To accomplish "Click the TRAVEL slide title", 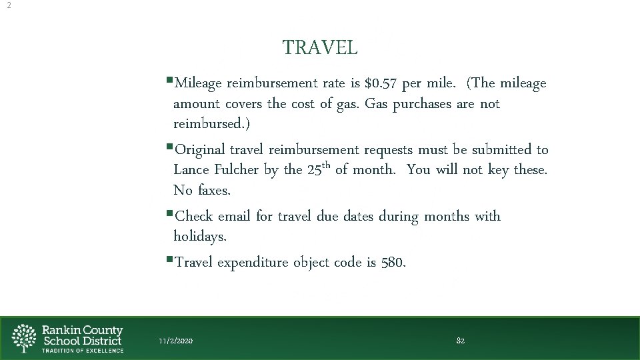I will (x=320, y=48).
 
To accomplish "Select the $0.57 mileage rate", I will (x=383, y=84).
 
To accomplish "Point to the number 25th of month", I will (x=319, y=169).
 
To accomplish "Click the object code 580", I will (x=393, y=263).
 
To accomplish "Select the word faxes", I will (x=213, y=191).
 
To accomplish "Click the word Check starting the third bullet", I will (x=193, y=217).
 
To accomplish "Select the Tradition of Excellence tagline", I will (x=83, y=350).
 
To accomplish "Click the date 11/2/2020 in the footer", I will (x=176, y=341).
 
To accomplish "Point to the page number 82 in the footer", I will (x=461, y=341).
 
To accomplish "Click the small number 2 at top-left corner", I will (x=8, y=5).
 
